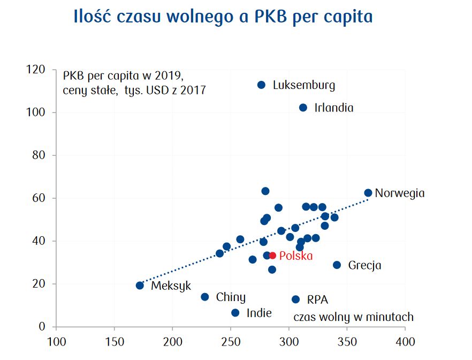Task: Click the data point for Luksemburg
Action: click(x=261, y=85)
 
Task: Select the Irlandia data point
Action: click(x=303, y=108)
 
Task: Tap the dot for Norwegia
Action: click(x=368, y=193)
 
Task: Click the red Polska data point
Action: click(x=272, y=256)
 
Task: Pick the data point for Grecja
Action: click(x=337, y=265)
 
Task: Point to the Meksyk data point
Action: click(x=140, y=286)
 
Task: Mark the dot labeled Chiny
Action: click(x=204, y=297)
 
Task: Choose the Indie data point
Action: click(x=235, y=313)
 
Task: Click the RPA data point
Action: click(x=295, y=299)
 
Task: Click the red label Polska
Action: click(x=296, y=256)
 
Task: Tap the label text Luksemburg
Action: click(x=304, y=85)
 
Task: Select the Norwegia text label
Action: click(x=400, y=193)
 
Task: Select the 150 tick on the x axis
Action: click(x=114, y=341)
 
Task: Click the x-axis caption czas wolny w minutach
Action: click(x=353, y=317)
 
